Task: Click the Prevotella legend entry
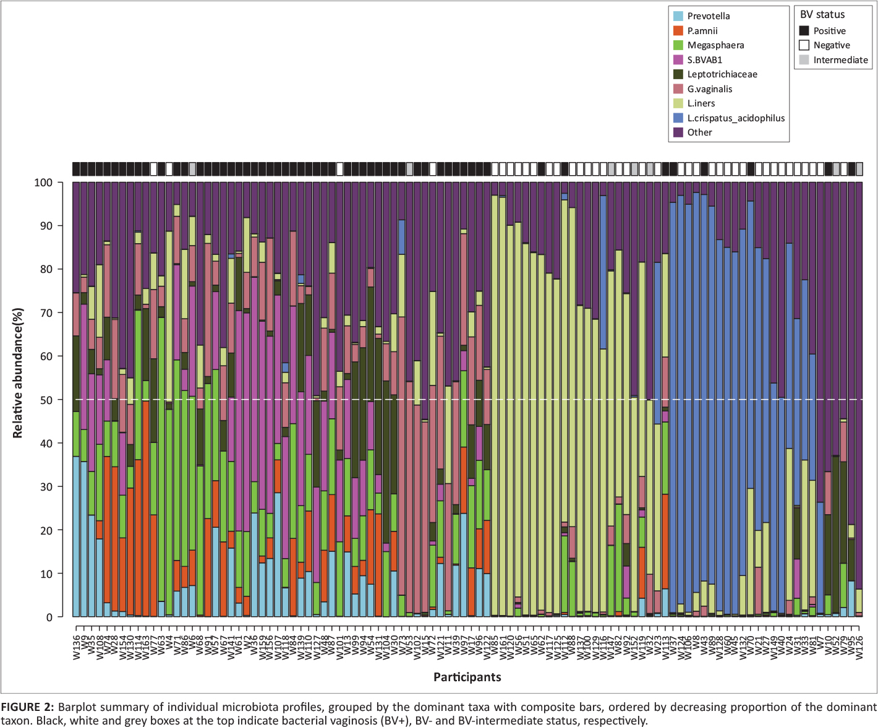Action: (708, 16)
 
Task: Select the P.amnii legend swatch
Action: (678, 31)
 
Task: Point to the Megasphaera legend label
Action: (715, 45)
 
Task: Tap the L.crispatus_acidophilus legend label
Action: (736, 118)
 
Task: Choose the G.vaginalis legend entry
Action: (709, 89)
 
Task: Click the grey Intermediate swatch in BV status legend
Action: (804, 60)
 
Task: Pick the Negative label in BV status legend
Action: (831, 45)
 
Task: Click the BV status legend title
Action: (822, 15)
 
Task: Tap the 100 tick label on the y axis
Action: (43, 183)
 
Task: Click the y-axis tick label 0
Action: (49, 617)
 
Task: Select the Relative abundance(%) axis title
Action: (17, 372)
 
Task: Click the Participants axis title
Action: (467, 676)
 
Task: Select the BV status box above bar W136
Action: (76, 169)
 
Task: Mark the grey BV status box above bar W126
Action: (859, 169)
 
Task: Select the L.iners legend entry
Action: (701, 103)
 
